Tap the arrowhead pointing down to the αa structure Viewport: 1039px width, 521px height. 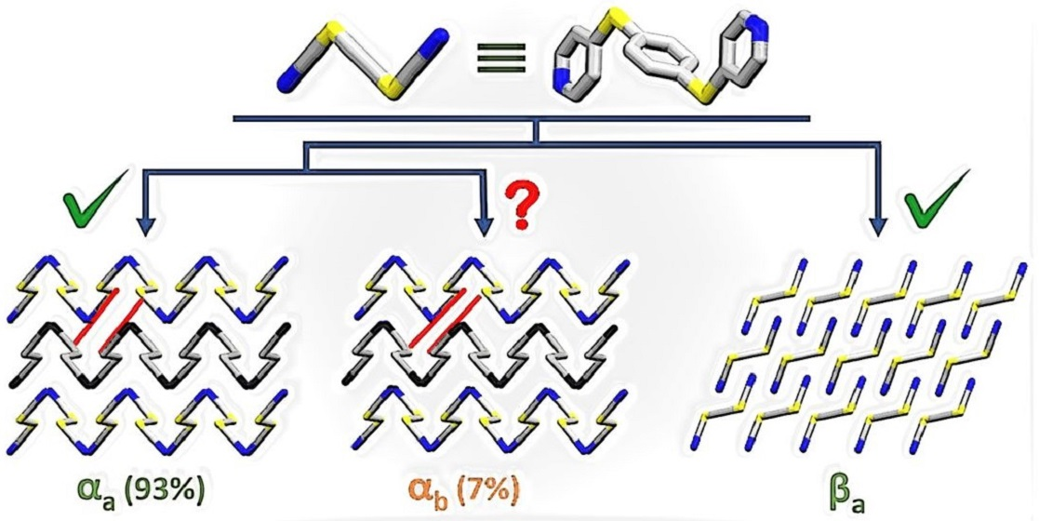[x=144, y=226]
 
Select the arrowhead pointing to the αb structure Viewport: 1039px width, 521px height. [x=483, y=226]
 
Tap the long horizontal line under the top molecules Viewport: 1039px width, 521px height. [x=521, y=118]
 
